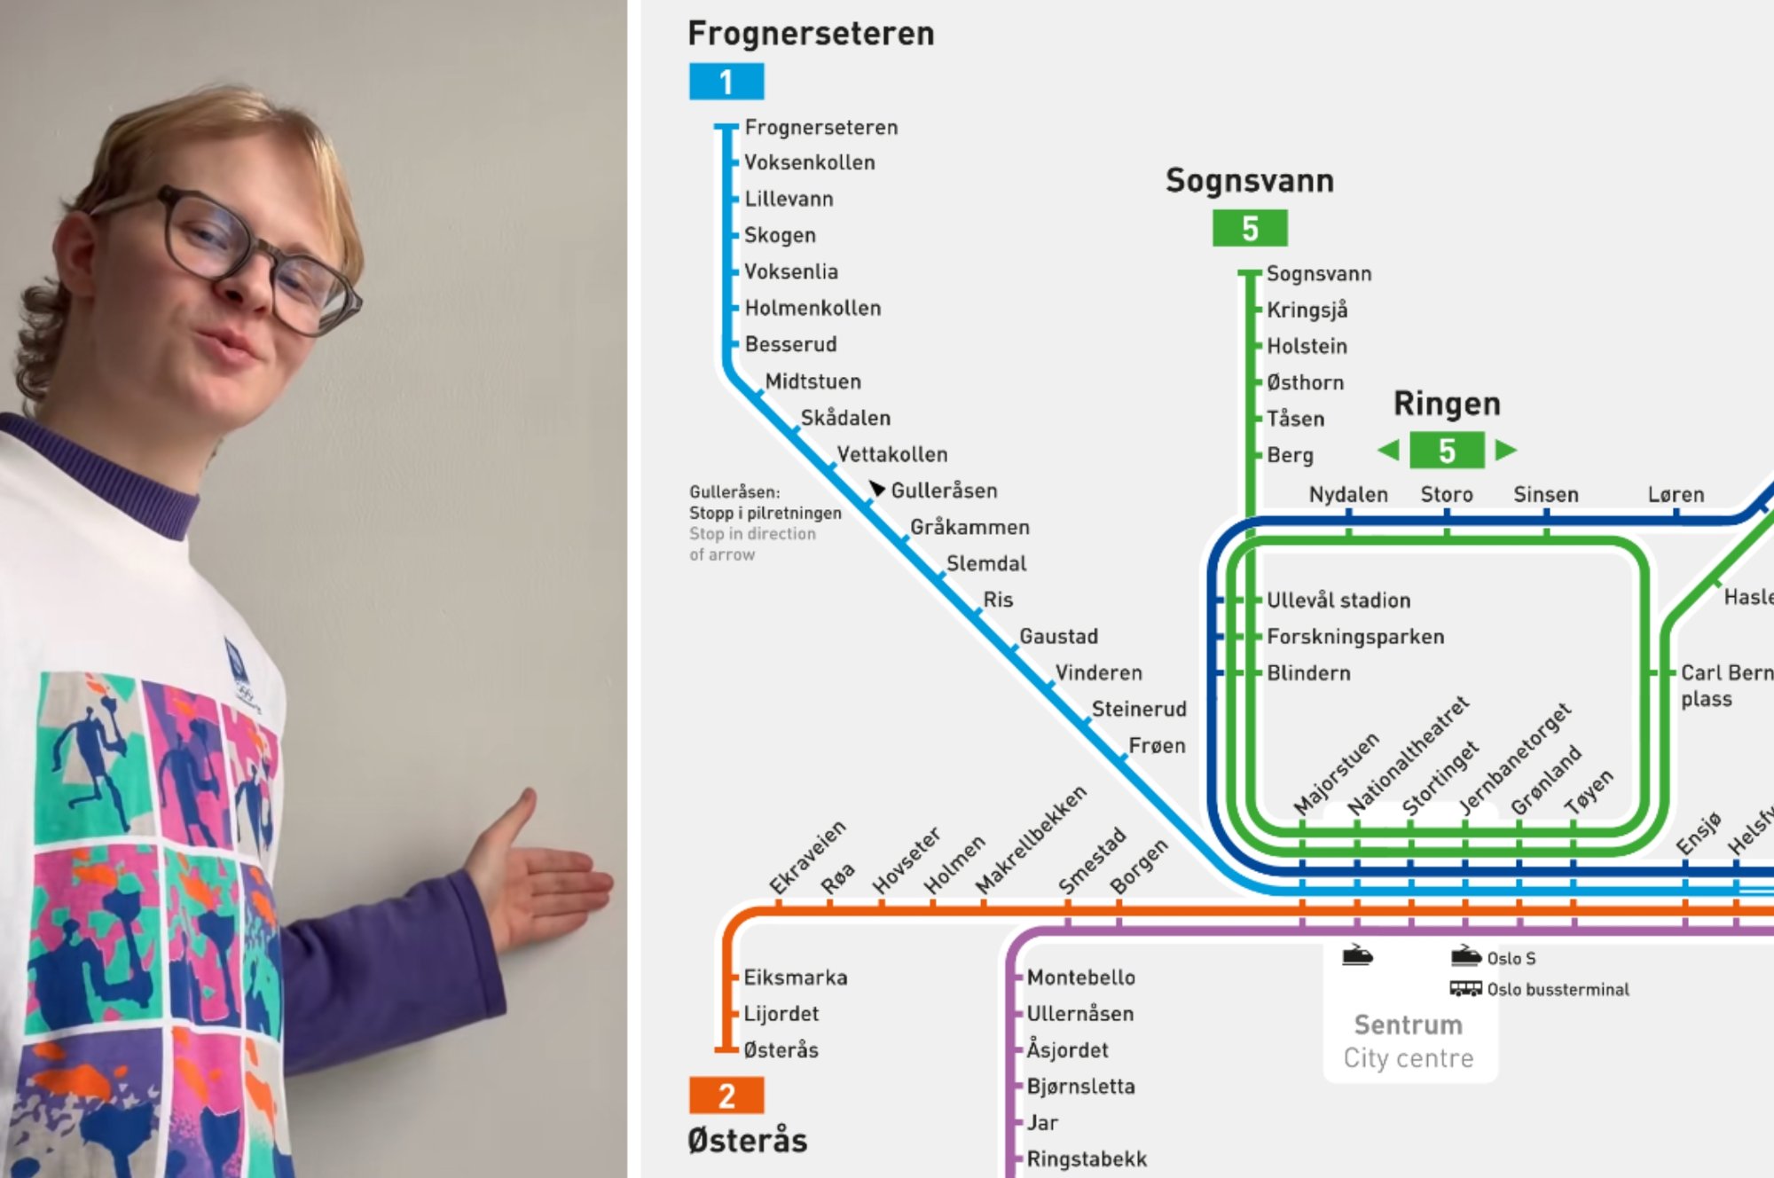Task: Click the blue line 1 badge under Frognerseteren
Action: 726,82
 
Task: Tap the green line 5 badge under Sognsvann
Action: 1249,229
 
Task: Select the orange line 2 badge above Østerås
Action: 726,1096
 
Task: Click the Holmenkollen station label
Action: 812,308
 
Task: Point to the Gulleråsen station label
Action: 944,491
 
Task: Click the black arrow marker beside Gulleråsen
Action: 876,489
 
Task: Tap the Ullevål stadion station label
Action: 1338,601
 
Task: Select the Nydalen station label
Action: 1348,494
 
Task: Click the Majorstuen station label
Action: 1336,773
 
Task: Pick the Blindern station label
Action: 1308,673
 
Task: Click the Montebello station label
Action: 1080,978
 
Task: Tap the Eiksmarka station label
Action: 795,978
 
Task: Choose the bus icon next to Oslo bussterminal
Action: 1465,988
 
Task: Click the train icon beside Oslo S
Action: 1465,956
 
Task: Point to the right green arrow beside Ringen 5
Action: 1505,450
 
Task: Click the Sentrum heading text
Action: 1408,1025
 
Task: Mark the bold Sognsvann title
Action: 1249,181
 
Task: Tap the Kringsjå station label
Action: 1307,310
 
